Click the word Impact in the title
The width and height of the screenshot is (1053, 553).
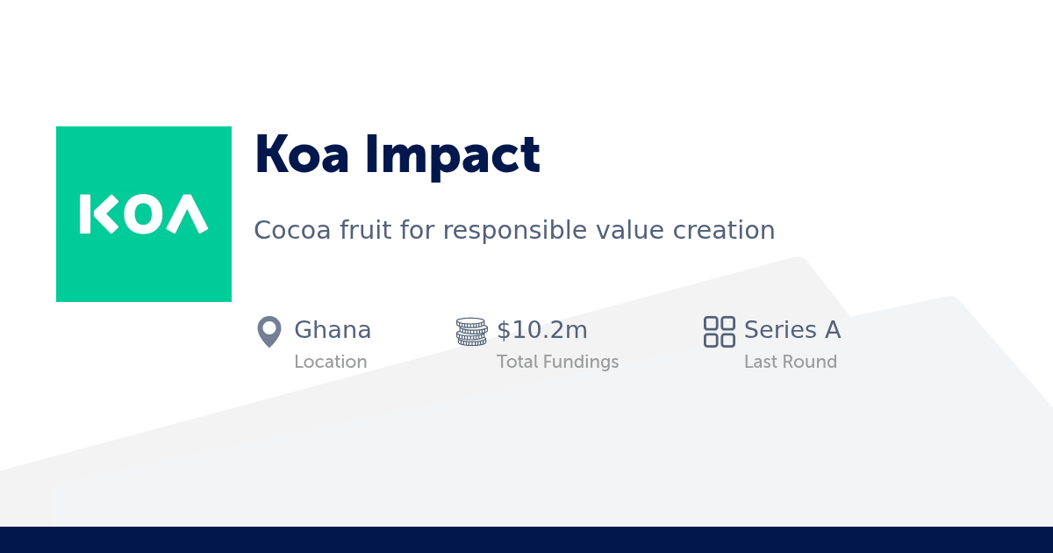point(453,156)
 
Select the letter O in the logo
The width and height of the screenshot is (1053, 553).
point(143,214)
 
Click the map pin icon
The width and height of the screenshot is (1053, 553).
point(269,332)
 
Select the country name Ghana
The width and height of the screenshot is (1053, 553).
point(333,330)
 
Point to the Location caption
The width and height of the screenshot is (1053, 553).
point(331,362)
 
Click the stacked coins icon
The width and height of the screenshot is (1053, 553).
point(471,332)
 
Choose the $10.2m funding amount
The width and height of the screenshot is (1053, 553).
point(542,330)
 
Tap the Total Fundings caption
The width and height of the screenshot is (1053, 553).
point(557,362)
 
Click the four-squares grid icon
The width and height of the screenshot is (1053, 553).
point(720,332)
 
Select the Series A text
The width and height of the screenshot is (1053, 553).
point(792,330)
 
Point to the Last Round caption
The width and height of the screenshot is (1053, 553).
point(791,362)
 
